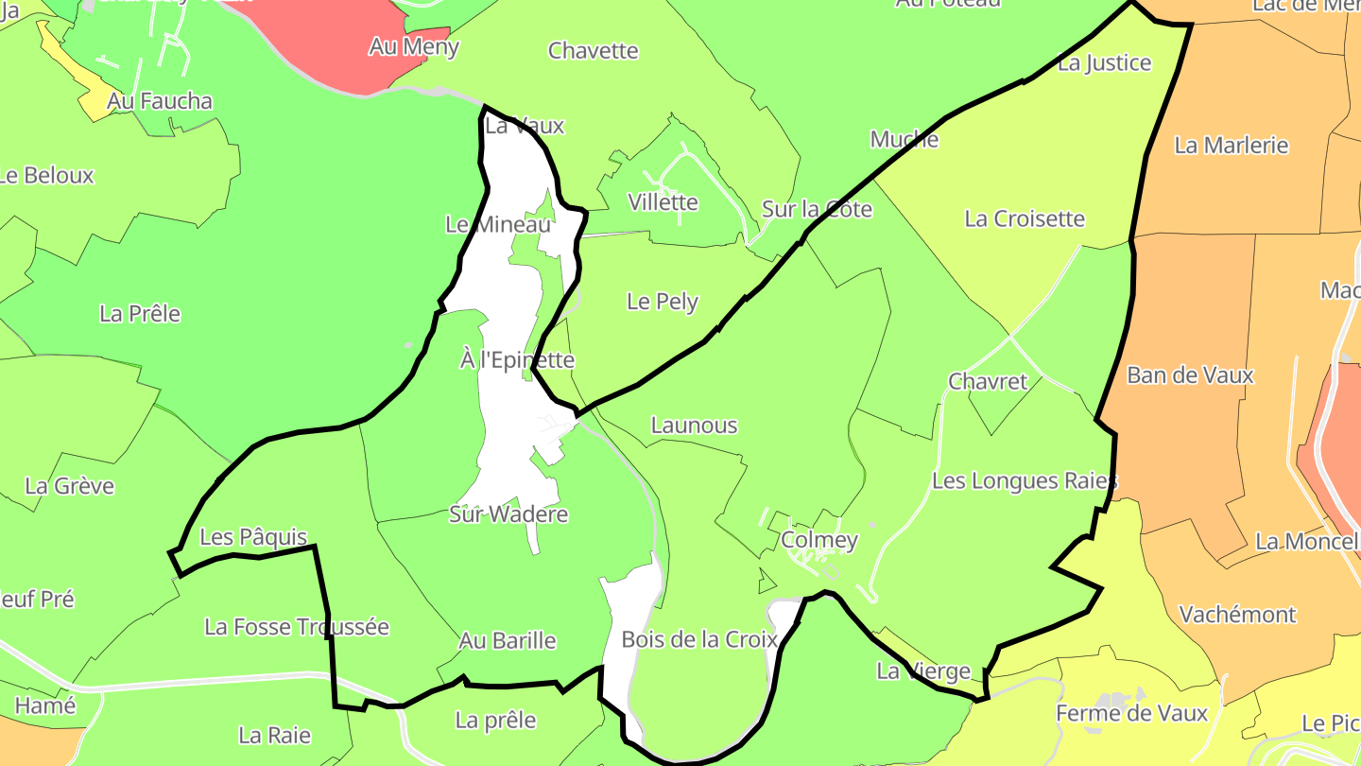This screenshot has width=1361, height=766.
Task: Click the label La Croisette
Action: coord(1025,218)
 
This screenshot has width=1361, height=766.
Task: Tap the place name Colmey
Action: coord(819,540)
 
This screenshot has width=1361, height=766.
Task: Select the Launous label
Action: coord(694,426)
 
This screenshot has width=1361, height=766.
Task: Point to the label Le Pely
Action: coord(663,302)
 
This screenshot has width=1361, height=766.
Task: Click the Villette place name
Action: coord(663,201)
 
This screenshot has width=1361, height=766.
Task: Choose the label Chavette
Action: coord(594,50)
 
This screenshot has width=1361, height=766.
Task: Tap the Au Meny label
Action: coord(414,46)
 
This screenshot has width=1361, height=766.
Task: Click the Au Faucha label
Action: coord(160,101)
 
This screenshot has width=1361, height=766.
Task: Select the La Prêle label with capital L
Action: coord(140,313)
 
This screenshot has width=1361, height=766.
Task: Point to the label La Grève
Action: coord(69,486)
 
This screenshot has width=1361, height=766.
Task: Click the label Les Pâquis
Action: coord(253,537)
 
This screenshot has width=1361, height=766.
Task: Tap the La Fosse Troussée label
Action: coord(297,627)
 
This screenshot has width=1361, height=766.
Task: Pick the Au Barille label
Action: coord(508,640)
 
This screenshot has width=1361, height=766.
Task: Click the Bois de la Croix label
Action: coord(699,639)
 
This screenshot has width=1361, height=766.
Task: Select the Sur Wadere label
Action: coord(508,514)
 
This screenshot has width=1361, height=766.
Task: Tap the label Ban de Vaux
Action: coord(1190,374)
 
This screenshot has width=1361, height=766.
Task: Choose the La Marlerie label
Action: coord(1232,145)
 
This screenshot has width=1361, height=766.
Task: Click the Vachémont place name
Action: coord(1237,615)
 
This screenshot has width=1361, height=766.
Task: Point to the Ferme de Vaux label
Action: coord(1132,713)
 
